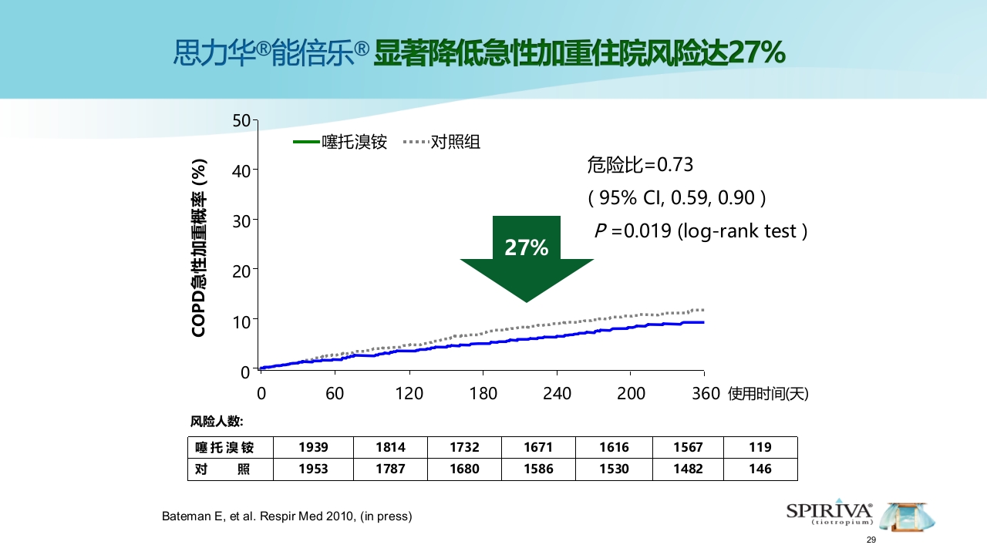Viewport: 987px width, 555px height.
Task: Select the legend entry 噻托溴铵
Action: click(340, 142)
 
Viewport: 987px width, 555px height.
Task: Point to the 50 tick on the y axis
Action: click(241, 120)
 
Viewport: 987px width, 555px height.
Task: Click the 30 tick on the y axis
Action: click(241, 220)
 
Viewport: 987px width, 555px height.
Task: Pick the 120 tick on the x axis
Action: click(409, 393)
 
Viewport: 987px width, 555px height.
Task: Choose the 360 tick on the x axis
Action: click(704, 393)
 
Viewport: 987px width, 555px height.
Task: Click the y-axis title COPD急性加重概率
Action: click(199, 247)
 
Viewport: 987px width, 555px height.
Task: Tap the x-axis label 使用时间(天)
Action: click(768, 394)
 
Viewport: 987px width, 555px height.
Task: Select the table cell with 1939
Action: click(313, 447)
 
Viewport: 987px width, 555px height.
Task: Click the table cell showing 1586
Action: click(538, 469)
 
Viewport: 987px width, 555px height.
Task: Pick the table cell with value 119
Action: click(760, 447)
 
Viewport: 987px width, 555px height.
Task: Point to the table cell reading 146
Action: click(760, 469)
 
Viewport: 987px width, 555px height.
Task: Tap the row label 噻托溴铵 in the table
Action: click(224, 447)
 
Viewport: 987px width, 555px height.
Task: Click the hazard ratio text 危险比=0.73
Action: click(640, 165)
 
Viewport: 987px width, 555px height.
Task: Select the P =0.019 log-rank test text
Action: click(700, 231)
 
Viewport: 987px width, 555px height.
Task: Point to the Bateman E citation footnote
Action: click(287, 516)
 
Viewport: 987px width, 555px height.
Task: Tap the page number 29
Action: click(871, 540)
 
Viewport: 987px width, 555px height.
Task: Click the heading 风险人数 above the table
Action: click(217, 422)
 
